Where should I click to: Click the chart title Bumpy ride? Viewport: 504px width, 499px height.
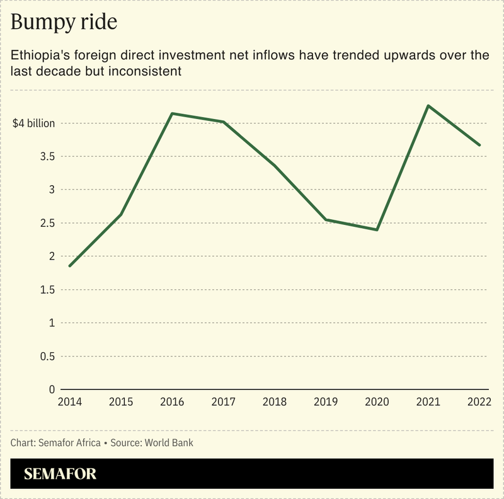(64, 23)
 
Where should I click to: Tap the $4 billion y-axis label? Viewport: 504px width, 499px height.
(34, 123)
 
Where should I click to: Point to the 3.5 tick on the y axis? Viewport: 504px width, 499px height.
(46, 157)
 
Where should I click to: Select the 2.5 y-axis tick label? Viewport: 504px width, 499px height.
(46, 224)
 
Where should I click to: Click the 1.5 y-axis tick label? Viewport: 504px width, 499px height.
(46, 290)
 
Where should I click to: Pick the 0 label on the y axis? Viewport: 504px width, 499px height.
(52, 390)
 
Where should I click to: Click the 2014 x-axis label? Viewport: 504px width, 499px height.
(69, 401)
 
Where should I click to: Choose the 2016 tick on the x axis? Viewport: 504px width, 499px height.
(172, 401)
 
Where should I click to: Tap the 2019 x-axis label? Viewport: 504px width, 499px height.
(326, 401)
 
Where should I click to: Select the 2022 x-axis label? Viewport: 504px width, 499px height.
(479, 401)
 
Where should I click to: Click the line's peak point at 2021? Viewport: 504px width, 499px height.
(428, 106)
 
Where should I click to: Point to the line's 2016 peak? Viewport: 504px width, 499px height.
(172, 113)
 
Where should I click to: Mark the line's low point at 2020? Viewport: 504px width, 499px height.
(377, 230)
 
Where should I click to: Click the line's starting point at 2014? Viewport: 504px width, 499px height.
(69, 266)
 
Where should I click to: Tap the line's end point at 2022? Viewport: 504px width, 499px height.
(479, 145)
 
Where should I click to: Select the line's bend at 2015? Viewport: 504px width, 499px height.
(120, 215)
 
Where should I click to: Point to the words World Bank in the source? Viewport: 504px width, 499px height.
(170, 443)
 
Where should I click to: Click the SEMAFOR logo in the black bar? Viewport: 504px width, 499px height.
(60, 474)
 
